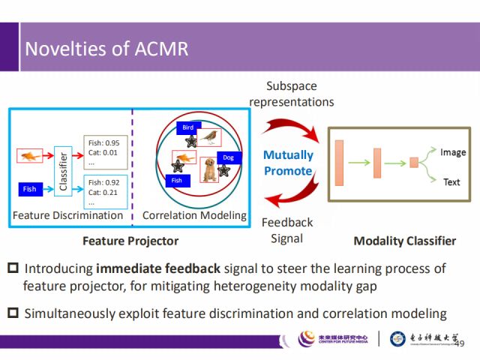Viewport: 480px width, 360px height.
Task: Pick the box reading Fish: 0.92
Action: tap(103, 192)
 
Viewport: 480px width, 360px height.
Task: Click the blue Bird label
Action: tap(187, 128)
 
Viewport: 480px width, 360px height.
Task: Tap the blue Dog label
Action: tap(229, 157)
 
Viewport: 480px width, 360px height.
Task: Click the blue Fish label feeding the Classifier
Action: tap(29, 189)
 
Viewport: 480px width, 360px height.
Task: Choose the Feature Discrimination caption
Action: tap(67, 215)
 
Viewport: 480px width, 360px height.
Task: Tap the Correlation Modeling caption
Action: tap(194, 215)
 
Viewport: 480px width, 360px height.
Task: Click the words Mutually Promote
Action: tap(288, 163)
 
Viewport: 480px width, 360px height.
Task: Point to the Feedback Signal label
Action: tap(286, 230)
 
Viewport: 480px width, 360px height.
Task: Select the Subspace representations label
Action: tap(292, 94)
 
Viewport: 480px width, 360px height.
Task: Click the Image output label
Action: tap(453, 152)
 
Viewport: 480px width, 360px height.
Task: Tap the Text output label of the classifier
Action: tap(451, 181)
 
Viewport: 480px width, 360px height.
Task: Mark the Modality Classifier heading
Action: tap(404, 241)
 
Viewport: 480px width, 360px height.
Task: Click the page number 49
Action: tap(460, 343)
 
